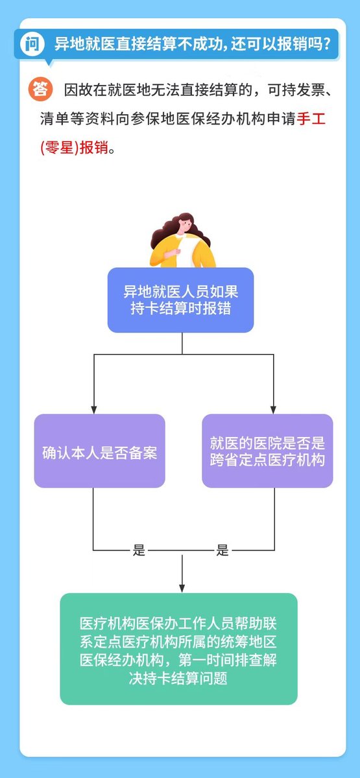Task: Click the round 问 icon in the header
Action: click(x=32, y=44)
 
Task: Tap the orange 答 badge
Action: click(x=41, y=89)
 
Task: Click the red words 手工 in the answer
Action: click(x=311, y=119)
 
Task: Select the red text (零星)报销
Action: click(x=75, y=148)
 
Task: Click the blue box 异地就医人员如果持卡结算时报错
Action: click(x=181, y=300)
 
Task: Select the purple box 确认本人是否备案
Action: click(x=99, y=451)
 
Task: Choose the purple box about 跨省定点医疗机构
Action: click(x=267, y=451)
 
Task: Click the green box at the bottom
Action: click(x=178, y=649)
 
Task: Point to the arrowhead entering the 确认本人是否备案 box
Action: click(x=94, y=410)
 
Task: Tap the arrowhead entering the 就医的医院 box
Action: click(x=274, y=410)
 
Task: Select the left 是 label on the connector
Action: click(x=139, y=550)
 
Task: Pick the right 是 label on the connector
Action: click(x=222, y=550)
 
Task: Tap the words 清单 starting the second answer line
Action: click(x=54, y=119)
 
